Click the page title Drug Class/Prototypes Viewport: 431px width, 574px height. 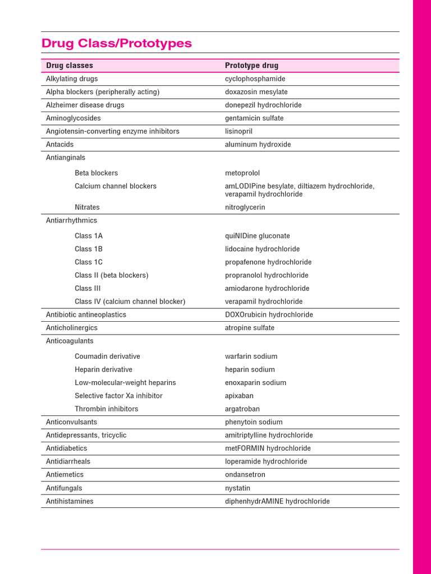[117, 43]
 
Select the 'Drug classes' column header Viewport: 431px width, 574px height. [70, 66]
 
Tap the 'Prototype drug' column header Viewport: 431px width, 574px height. [251, 66]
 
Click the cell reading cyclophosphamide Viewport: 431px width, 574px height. [255, 79]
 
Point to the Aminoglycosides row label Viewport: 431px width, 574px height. [70, 118]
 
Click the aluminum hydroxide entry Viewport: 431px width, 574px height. [258, 145]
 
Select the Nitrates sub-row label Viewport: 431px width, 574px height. [87, 207]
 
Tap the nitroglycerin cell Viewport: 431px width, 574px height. [245, 207]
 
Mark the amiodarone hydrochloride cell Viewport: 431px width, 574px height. [267, 289]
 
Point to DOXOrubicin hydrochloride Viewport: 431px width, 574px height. [269, 315]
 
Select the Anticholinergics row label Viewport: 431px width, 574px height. [71, 328]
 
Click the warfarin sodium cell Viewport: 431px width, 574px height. [251, 357]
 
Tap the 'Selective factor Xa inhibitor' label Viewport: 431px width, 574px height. [118, 396]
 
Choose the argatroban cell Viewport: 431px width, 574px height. [242, 409]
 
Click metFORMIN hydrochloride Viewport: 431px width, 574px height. [268, 448]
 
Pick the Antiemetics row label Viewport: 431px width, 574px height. [65, 475]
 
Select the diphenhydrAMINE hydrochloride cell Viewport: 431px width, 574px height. [277, 502]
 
